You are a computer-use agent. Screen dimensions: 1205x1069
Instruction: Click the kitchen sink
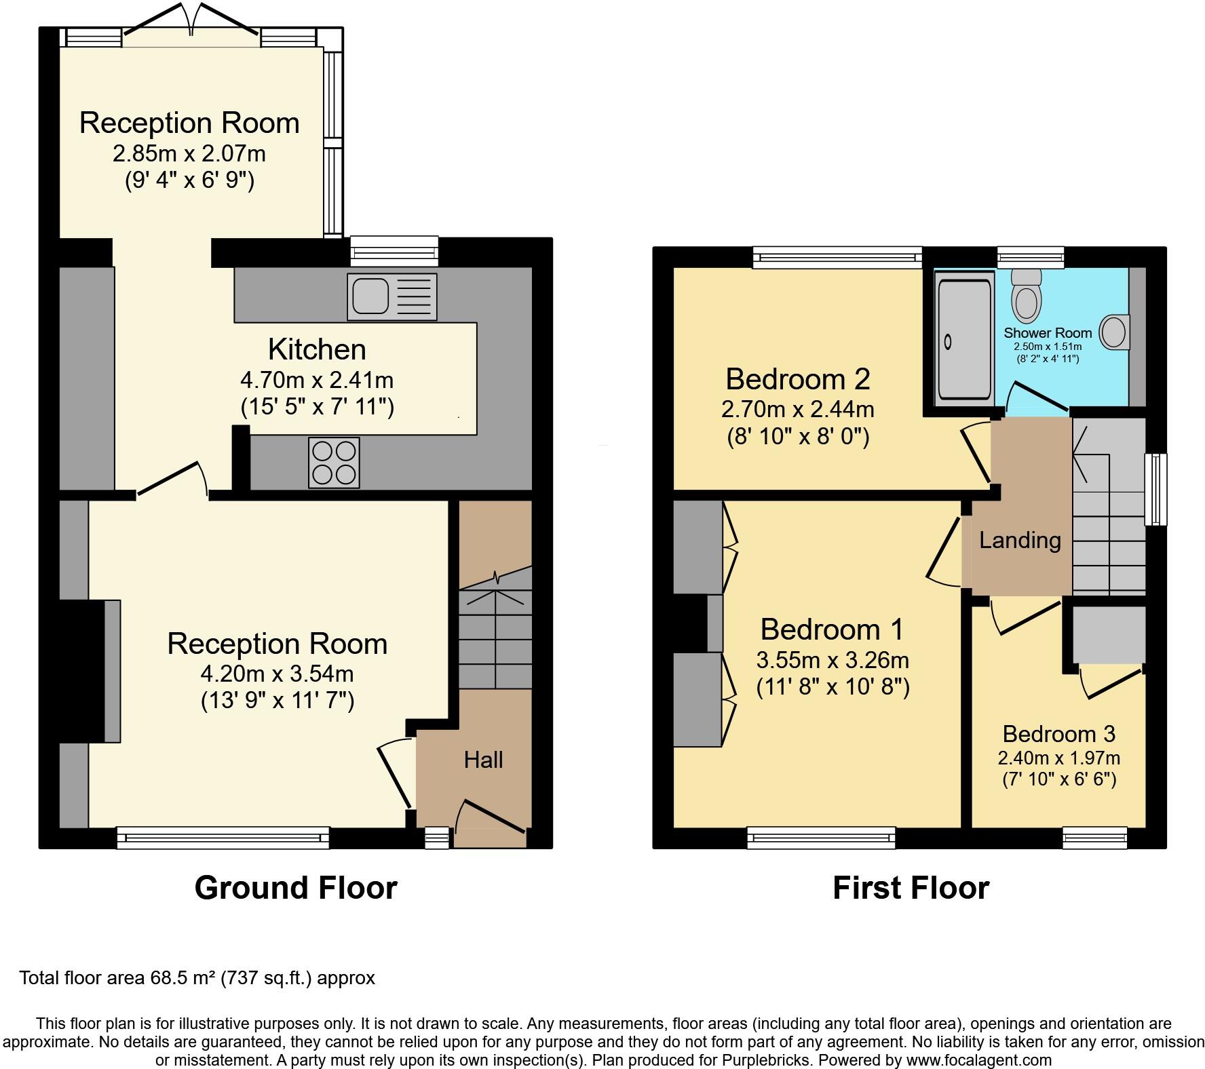pyautogui.click(x=391, y=296)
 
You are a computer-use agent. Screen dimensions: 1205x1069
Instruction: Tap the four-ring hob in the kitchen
pyautogui.click(x=334, y=463)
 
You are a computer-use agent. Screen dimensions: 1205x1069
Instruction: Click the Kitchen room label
pyautogui.click(x=317, y=349)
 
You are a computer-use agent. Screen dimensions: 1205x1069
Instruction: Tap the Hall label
pyautogui.click(x=483, y=760)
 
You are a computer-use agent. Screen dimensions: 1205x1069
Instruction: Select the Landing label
pyautogui.click(x=1020, y=540)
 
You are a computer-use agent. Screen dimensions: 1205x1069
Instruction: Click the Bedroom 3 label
pyautogui.click(x=1058, y=734)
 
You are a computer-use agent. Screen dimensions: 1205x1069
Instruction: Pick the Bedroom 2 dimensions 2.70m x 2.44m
pyautogui.click(x=797, y=409)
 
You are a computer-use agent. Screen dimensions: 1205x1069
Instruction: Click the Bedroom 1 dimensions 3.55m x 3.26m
pyautogui.click(x=833, y=660)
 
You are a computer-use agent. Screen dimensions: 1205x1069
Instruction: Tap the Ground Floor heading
pyautogui.click(x=296, y=888)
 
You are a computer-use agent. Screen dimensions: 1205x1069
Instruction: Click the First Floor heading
pyautogui.click(x=911, y=888)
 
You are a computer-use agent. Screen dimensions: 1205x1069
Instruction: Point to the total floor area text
pyautogui.click(x=197, y=978)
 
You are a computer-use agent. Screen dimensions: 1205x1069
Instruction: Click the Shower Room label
pyautogui.click(x=1048, y=333)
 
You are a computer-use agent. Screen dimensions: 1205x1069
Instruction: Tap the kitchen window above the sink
pyautogui.click(x=394, y=252)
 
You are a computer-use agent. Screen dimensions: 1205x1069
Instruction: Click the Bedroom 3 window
pyautogui.click(x=1095, y=838)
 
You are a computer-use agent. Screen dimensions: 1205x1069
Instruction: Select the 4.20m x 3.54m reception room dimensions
pyautogui.click(x=277, y=674)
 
